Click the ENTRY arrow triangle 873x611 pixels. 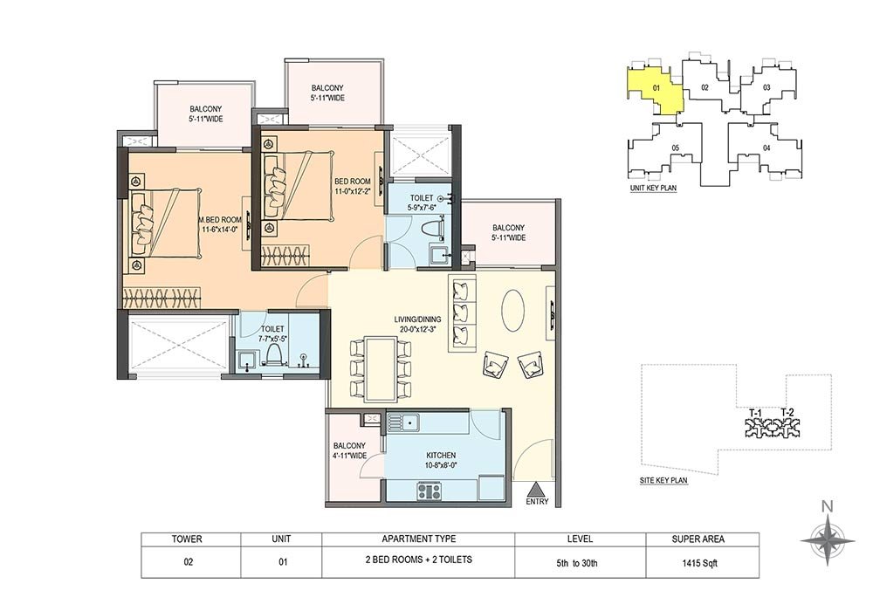[536, 490]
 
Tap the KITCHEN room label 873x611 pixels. [441, 455]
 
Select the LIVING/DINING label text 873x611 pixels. [417, 319]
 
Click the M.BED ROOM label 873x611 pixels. [220, 220]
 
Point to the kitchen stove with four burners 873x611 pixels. [430, 491]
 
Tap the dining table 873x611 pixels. [381, 368]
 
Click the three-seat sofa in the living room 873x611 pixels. [462, 312]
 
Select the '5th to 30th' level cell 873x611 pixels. [577, 563]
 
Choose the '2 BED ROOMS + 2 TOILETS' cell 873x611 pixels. [419, 560]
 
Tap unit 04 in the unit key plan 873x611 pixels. [766, 148]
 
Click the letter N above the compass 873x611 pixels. [828, 506]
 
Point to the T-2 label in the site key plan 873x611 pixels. [787, 412]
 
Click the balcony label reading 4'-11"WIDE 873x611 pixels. [350, 455]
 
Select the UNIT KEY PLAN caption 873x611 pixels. [653, 188]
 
